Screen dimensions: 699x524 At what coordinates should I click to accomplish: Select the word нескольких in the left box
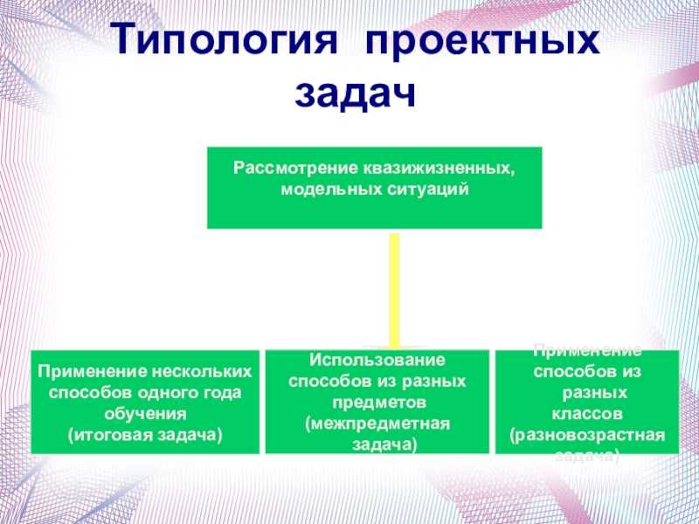[x=204, y=371]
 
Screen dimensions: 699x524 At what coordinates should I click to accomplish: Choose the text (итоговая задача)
[x=145, y=433]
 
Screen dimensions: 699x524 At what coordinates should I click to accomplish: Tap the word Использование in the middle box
[x=377, y=361]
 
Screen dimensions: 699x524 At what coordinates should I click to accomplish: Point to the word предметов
[x=377, y=403]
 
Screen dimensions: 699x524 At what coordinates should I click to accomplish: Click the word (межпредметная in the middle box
[x=377, y=424]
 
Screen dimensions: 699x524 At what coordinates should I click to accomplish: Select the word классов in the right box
[x=587, y=411]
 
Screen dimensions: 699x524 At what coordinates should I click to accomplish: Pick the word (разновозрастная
[x=587, y=433]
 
